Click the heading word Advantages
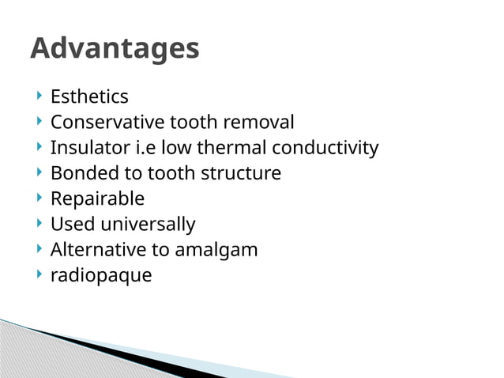pos(115,49)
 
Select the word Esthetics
pos(89,97)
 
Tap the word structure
pos(241,173)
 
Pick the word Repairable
pos(97,198)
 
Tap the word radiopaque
pos(100,276)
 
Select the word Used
pos(69,225)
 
